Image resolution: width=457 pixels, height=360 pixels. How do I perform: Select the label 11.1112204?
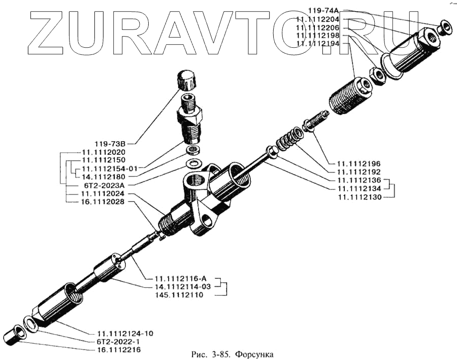point(321,19)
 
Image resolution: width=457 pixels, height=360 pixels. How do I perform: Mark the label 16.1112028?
point(99,202)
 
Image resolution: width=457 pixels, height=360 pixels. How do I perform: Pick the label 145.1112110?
point(177,295)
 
